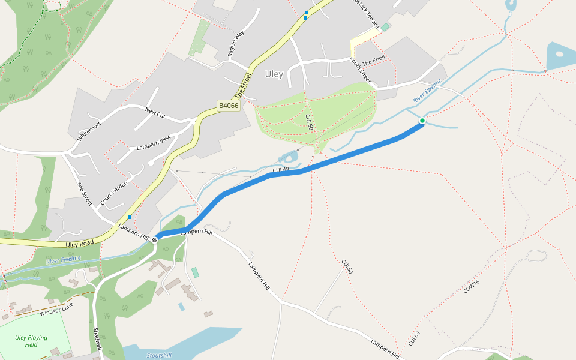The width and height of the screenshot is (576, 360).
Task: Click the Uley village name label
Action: pyautogui.click(x=274, y=74)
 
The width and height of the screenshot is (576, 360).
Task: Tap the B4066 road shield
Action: pyautogui.click(x=228, y=106)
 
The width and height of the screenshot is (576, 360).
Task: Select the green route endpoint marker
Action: pyautogui.click(x=422, y=121)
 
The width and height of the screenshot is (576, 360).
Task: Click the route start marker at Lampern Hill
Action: pyautogui.click(x=155, y=240)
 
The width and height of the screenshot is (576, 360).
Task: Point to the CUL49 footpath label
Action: pyautogui.click(x=281, y=170)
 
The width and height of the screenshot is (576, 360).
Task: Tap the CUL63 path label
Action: pyautogui.click(x=414, y=338)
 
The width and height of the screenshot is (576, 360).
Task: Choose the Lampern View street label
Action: pyautogui.click(x=154, y=143)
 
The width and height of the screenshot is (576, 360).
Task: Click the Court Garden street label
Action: pyautogui.click(x=114, y=193)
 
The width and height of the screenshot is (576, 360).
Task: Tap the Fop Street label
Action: pyautogui.click(x=84, y=195)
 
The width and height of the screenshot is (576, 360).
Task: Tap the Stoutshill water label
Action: pyautogui.click(x=159, y=355)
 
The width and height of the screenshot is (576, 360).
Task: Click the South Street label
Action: pyautogui.click(x=360, y=71)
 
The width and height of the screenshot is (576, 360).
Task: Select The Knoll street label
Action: pyautogui.click(x=374, y=61)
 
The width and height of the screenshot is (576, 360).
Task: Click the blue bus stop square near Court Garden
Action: pyautogui.click(x=130, y=217)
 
